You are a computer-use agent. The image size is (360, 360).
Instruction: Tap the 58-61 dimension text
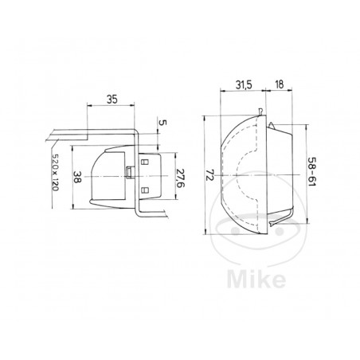311,173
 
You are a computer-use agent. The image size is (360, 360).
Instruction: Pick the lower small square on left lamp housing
144,190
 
